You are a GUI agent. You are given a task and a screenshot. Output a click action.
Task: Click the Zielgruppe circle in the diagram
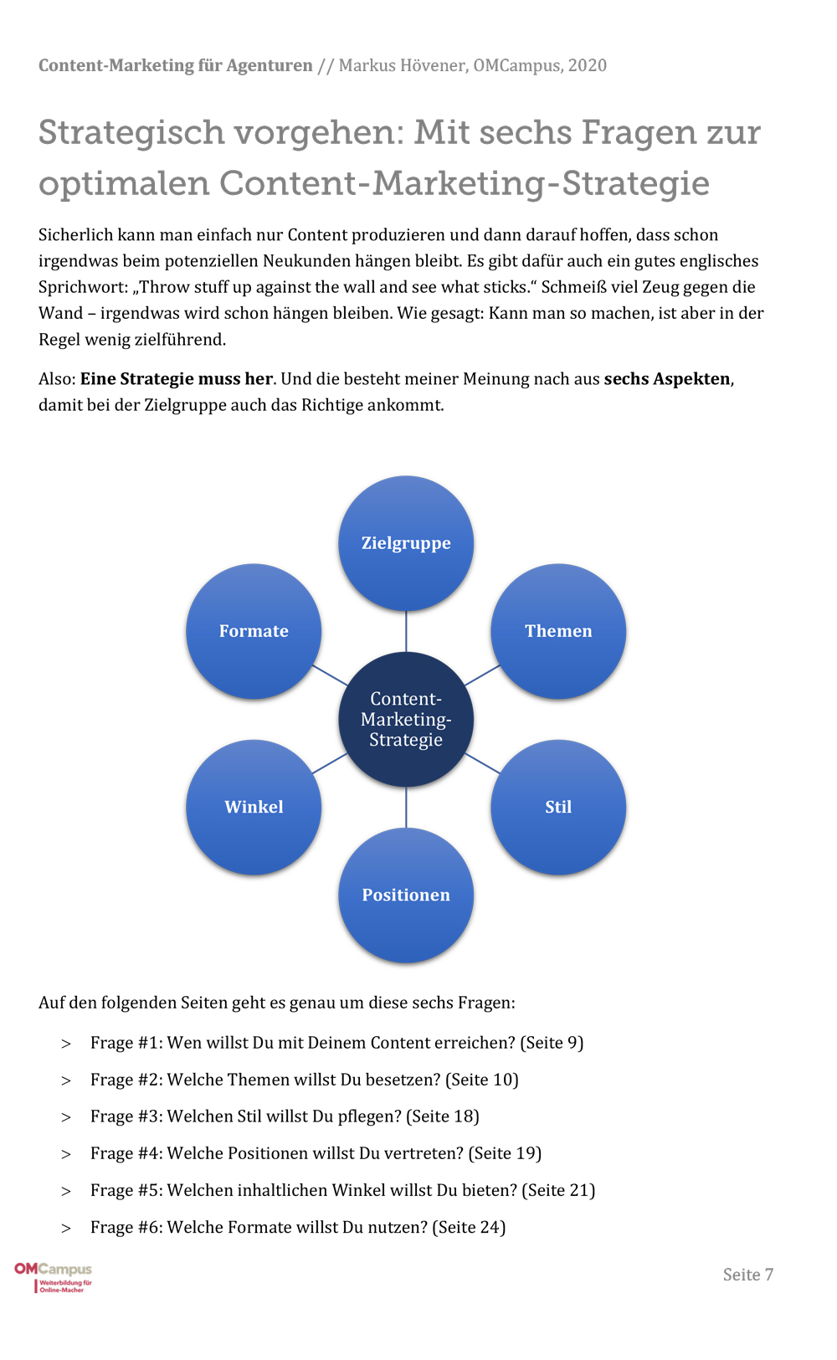(406, 543)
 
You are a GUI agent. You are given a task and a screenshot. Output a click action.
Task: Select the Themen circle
(558, 631)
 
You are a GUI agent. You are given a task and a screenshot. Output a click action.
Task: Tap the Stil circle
(558, 807)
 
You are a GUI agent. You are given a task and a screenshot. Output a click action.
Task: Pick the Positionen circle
(406, 895)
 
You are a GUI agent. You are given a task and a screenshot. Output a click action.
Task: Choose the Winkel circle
(254, 807)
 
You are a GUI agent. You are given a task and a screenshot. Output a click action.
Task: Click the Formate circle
(254, 631)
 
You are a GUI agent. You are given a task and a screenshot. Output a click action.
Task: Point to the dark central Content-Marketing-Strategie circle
(406, 719)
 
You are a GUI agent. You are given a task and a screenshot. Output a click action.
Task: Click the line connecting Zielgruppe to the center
(406, 631)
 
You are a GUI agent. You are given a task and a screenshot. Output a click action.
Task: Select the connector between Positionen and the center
(406, 807)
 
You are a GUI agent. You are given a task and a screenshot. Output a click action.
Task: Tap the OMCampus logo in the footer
(54, 1276)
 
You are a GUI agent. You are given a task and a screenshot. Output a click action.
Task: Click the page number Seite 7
(747, 1275)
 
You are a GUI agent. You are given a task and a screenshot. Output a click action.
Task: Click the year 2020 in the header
(587, 65)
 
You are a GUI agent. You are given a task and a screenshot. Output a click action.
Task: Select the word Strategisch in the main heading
(131, 132)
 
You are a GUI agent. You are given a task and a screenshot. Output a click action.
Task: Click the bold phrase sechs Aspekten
(667, 378)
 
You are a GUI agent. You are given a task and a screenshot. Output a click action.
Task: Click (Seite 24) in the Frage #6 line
(469, 1227)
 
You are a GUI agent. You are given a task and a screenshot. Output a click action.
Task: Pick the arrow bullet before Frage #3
(66, 1117)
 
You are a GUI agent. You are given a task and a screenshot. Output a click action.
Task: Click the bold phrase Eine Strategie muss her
(177, 378)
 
